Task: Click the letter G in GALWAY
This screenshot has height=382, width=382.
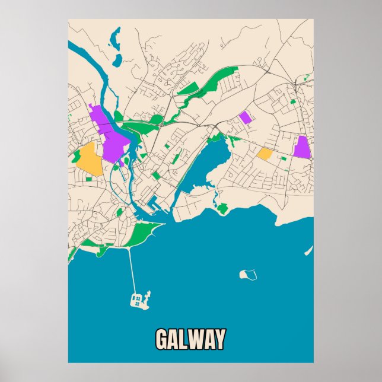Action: [163, 340]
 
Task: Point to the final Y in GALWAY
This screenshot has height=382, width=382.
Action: [219, 340]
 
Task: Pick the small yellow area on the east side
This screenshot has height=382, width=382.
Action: [265, 154]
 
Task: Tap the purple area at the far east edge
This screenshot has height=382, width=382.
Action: [302, 147]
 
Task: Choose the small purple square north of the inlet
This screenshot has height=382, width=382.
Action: [245, 117]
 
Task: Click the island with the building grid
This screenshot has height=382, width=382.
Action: [140, 299]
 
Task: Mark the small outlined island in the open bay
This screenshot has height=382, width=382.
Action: [249, 275]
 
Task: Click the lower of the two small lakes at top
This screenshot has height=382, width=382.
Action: [117, 60]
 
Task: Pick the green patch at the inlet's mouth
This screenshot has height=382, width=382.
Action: [222, 208]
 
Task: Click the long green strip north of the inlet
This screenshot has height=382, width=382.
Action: [211, 87]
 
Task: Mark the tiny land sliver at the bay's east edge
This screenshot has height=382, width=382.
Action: [308, 251]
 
